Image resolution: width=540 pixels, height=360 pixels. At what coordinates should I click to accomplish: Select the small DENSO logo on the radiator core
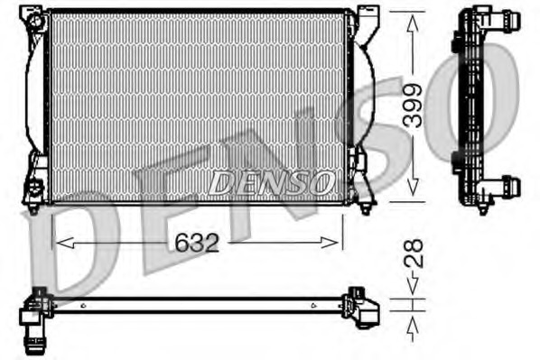271,183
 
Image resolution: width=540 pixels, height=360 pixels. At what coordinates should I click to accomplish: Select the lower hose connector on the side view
507,187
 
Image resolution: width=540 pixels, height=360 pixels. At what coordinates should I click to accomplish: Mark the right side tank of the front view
358,104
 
